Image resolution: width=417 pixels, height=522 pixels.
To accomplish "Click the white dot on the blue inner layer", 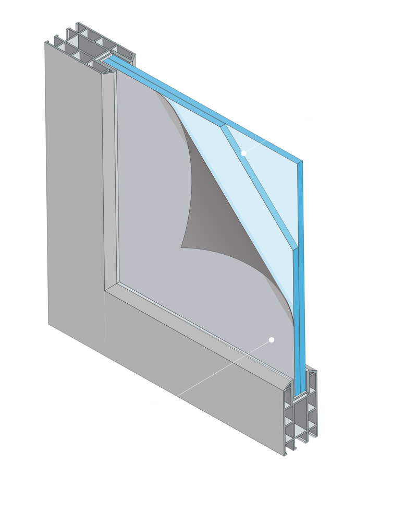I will pyautogui.click(x=243, y=153).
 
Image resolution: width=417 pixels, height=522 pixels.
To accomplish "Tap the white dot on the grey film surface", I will pyautogui.click(x=271, y=339).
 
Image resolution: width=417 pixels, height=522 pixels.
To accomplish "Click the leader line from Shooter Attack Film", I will pyautogui.click(x=208, y=376).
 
